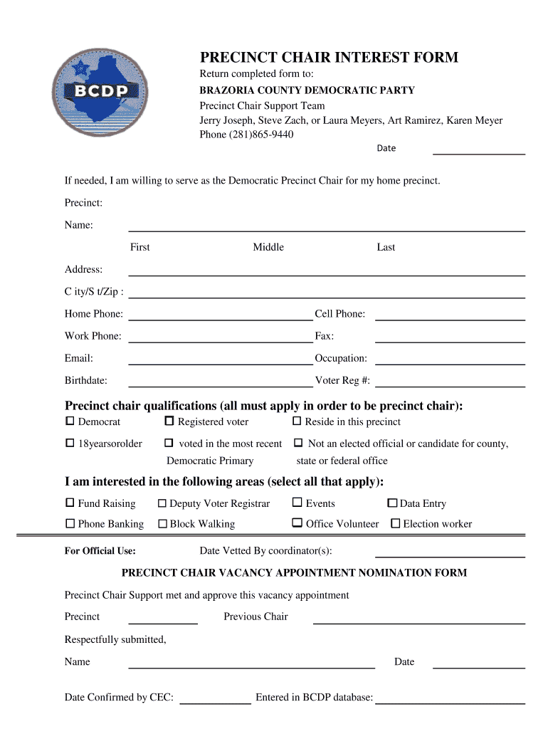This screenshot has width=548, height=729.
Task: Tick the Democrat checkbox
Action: coord(70,421)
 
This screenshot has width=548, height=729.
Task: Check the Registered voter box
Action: coord(169,421)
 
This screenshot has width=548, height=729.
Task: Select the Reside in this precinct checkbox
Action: coord(297,421)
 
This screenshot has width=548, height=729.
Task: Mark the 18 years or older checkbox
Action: coord(70,443)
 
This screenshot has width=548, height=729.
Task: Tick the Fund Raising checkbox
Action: coord(70,503)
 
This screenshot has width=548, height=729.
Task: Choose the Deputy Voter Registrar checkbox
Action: coord(162,503)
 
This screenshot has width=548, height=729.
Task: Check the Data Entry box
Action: coord(392,503)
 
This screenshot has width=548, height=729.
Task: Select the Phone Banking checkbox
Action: coord(70,523)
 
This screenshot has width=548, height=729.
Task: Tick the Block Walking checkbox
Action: coord(162,524)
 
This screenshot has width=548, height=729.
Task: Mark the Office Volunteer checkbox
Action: coord(297,523)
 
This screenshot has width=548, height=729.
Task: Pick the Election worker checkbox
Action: coord(396,524)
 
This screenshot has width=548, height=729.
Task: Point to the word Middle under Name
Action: coord(268,247)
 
